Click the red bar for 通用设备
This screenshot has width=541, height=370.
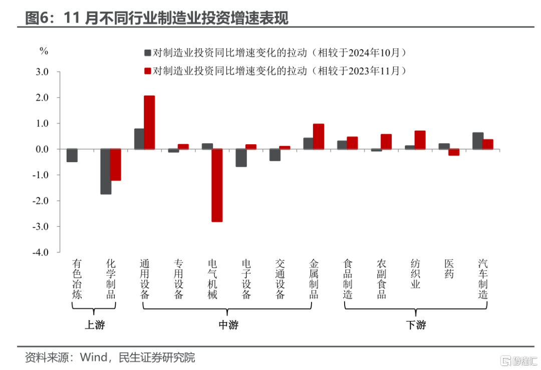pos(149,122)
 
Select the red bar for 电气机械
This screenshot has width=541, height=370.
pos(217,185)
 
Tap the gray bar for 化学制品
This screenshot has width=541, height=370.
pos(106,171)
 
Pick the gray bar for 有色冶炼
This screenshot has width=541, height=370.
pos(72,155)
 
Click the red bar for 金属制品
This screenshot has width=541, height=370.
pos(319,136)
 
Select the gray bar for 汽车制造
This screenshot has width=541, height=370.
pos(477,141)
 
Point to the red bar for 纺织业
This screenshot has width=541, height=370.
pos(420,140)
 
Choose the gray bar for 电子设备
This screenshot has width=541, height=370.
pos(241,158)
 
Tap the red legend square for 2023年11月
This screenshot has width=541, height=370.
pos(148,71)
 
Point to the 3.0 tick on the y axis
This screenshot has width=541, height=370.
pos(42,72)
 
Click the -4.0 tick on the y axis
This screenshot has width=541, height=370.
pos(41,252)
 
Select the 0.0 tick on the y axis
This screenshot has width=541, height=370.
pos(42,149)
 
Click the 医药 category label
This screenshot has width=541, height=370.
pos(449,269)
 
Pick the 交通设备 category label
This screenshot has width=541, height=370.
pos(280,279)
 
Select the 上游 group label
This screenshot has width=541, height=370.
pos(95,325)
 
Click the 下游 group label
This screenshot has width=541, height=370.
pos(416,325)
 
